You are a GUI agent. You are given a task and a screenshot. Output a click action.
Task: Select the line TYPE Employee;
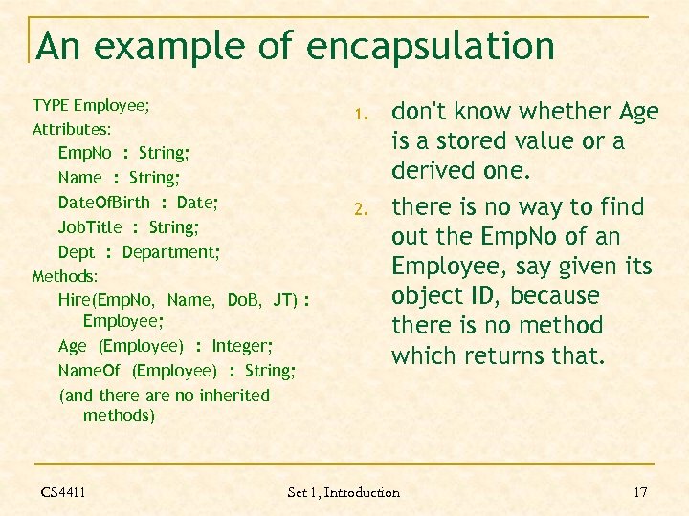click(x=91, y=104)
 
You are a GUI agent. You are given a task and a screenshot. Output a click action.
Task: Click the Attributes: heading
click(x=72, y=128)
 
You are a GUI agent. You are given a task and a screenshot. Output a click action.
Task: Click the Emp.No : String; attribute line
click(x=123, y=153)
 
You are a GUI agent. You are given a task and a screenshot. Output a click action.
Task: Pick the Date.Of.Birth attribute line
click(x=138, y=203)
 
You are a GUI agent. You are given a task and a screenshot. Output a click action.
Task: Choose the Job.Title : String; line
click(x=128, y=227)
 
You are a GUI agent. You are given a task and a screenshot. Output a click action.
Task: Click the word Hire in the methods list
click(x=73, y=300)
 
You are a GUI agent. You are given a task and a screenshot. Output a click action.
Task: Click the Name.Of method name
click(x=89, y=370)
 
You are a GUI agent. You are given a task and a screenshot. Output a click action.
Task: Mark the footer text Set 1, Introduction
click(x=344, y=492)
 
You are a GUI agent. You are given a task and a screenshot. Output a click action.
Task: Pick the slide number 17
click(x=640, y=492)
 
